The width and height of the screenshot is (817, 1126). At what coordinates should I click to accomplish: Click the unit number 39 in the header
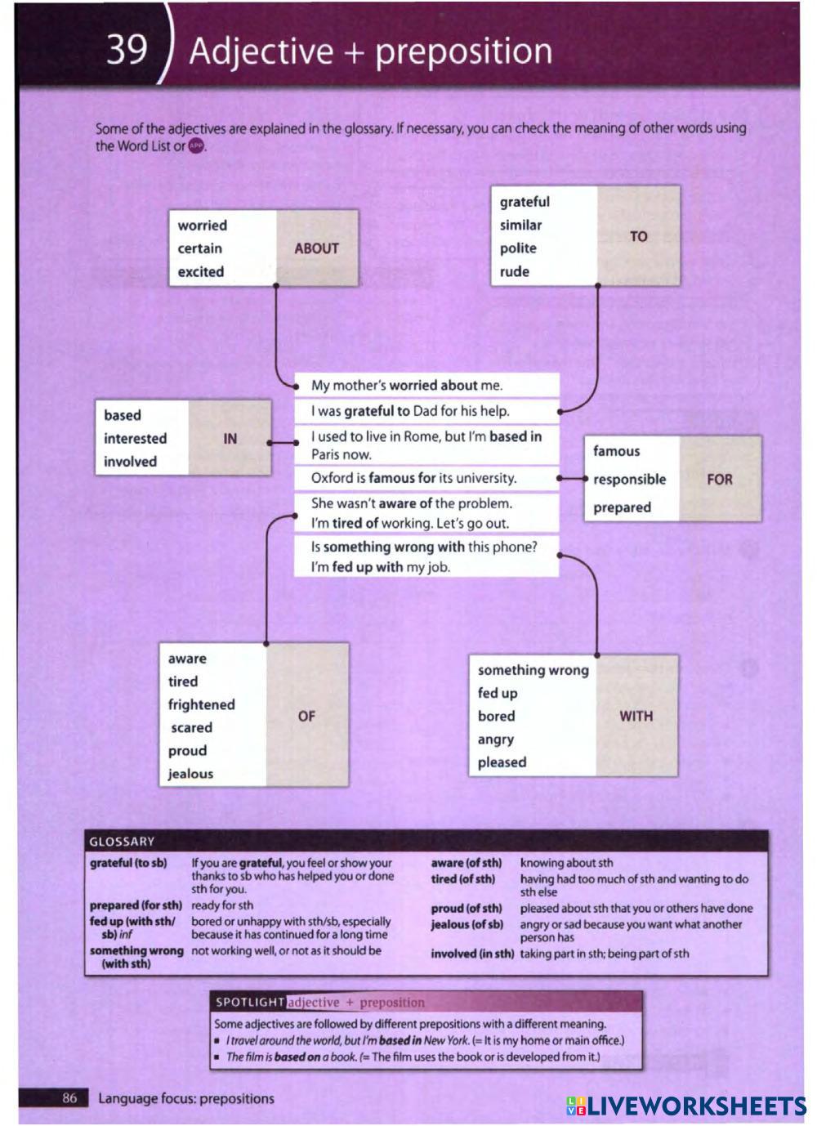127,49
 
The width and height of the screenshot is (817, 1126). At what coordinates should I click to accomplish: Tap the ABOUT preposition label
316,248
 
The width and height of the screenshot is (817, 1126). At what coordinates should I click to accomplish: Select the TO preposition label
638,236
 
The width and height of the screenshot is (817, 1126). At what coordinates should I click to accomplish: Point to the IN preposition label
230,439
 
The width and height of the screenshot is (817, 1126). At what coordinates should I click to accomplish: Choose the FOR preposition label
719,479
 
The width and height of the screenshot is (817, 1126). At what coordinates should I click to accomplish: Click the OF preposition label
306,716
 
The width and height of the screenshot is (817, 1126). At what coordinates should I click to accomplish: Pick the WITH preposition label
636,716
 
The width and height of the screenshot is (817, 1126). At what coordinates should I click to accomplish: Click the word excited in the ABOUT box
201,272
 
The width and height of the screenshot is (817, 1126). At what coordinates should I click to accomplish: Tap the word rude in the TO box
515,271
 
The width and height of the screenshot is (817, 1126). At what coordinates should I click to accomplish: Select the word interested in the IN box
135,439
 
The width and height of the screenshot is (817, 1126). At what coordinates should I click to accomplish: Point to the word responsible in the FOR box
629,480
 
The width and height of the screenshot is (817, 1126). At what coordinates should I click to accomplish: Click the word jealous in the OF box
190,774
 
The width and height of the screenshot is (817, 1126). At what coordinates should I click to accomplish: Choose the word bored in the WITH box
497,716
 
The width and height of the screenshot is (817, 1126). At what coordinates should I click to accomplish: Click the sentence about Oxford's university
413,478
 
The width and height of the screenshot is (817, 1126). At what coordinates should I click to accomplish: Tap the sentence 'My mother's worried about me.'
407,386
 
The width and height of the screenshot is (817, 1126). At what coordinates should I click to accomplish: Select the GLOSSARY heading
122,842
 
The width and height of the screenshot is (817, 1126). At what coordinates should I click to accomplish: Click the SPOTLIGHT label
249,1002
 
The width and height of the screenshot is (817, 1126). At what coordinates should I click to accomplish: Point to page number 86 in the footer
69,1098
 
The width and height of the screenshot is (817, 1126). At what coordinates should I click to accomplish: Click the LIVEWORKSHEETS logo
685,1106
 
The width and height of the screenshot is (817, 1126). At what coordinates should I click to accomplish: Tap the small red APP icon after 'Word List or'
196,146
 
